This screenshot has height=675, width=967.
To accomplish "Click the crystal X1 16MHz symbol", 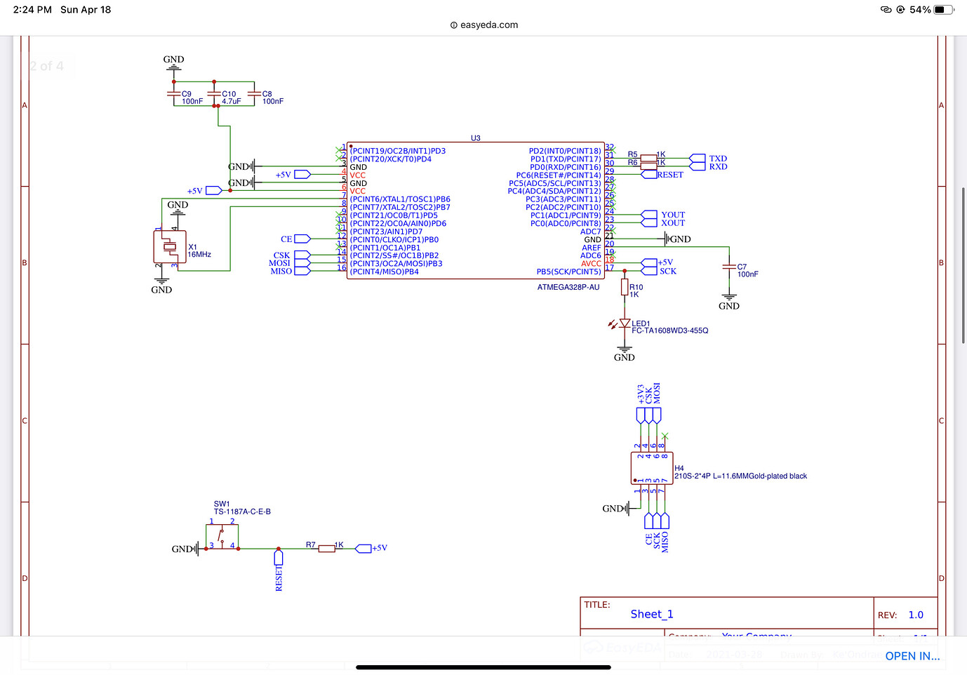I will click(x=170, y=246).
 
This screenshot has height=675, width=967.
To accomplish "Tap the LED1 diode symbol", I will click(x=624, y=323).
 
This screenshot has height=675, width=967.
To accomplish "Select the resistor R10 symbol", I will click(x=624, y=287).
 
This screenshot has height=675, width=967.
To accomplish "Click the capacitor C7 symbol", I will click(x=729, y=267).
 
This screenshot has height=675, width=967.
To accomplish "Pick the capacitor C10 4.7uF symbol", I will click(x=214, y=93).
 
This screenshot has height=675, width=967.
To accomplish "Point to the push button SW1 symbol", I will click(x=222, y=537).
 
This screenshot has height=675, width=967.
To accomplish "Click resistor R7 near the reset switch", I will click(x=326, y=548).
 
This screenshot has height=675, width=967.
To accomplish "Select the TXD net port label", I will click(x=717, y=159).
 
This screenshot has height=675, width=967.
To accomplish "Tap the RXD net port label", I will click(x=717, y=167).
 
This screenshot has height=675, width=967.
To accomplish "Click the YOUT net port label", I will click(x=672, y=215).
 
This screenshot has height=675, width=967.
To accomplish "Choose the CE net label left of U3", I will click(x=286, y=239).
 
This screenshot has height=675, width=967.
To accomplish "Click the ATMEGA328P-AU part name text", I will click(x=568, y=287).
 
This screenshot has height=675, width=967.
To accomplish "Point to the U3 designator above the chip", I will click(x=476, y=138).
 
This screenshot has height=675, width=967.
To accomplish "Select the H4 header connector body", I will click(x=652, y=468).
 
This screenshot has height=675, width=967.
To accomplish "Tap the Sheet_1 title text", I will click(x=651, y=614).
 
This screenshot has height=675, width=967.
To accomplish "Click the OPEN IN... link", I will click(x=912, y=656).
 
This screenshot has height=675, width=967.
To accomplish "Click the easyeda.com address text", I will click(x=489, y=25).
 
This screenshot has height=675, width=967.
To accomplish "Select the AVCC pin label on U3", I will click(x=591, y=264).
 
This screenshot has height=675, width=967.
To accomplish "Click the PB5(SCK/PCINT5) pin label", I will click(x=568, y=272).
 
